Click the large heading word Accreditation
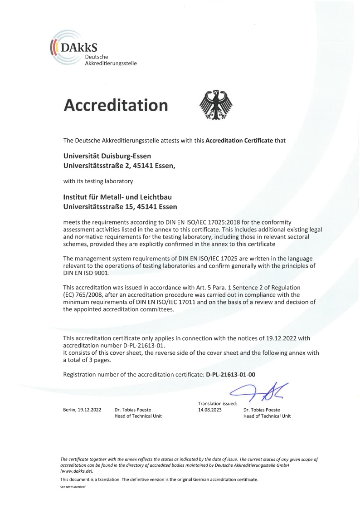point(116,105)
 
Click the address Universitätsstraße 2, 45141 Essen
point(119,166)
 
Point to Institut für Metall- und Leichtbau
point(117,197)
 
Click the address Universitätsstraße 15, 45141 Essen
point(120,206)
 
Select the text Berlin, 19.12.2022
point(82,410)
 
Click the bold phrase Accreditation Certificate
point(239,140)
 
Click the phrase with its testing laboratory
point(97,181)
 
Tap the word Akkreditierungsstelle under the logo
point(111,63)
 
